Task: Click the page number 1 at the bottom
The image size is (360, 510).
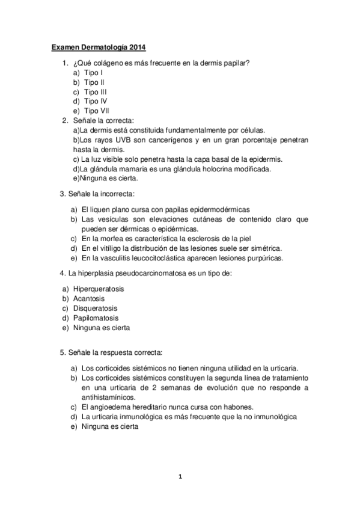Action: click(x=180, y=476)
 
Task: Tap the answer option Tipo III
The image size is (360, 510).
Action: click(x=96, y=91)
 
